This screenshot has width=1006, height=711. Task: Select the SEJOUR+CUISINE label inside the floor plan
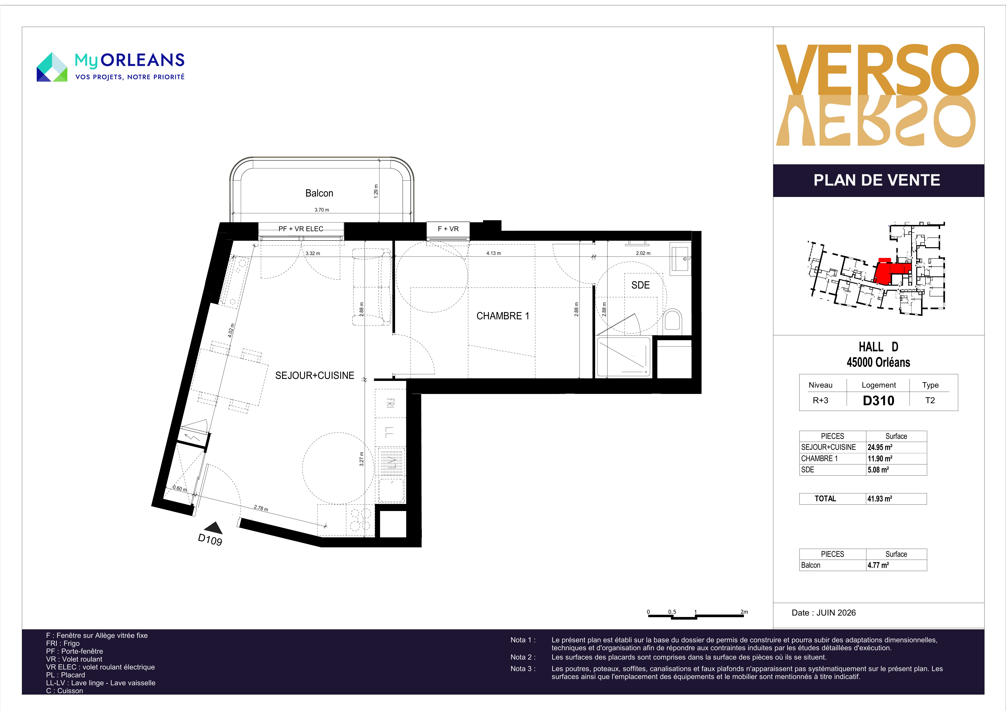315,375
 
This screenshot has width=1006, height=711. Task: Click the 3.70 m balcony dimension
322,210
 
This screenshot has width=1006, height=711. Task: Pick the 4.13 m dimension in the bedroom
493,253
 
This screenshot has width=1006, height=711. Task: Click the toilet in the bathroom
673,320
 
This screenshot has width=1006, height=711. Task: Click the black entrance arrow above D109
214,527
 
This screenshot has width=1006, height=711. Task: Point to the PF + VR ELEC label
301,229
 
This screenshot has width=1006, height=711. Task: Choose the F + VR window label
448,229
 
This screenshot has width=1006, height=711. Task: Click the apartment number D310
879,400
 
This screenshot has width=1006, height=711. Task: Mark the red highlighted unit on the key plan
894,273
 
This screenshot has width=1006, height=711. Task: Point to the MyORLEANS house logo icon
52,67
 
